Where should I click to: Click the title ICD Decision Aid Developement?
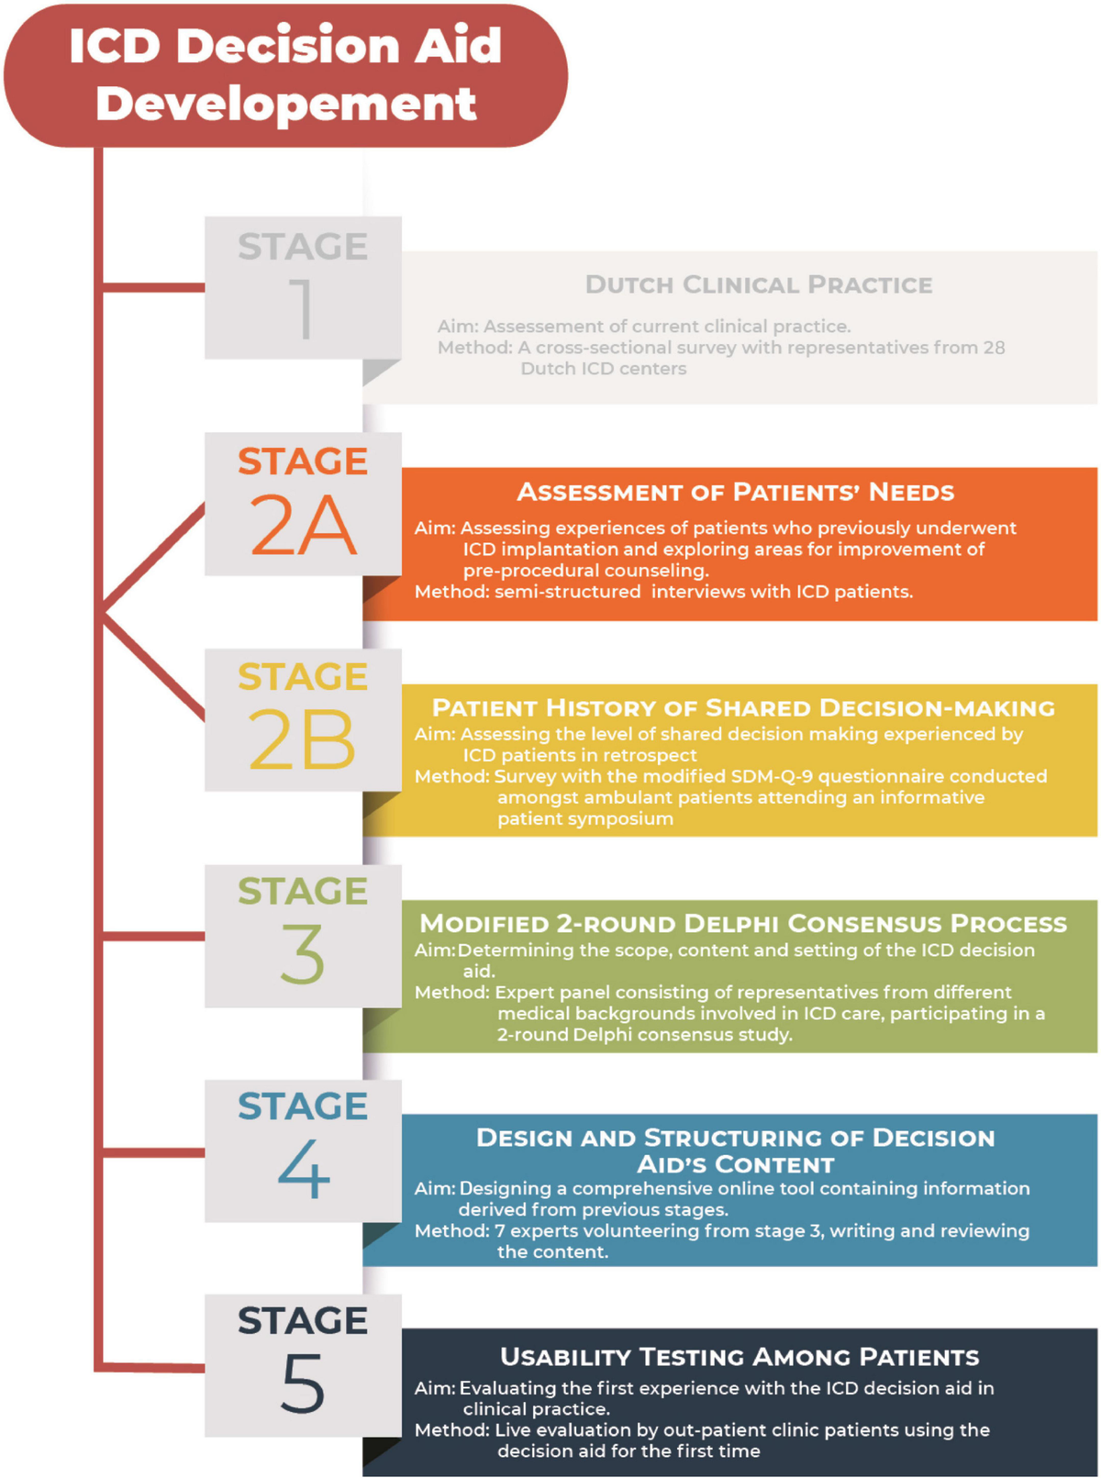[x=285, y=73]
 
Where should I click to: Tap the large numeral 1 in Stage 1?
[x=303, y=309]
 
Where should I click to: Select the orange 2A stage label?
[x=303, y=526]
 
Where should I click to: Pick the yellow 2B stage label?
[x=302, y=740]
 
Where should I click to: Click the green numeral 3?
[x=303, y=954]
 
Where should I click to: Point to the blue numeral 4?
[x=304, y=1170]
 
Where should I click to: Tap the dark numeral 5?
[x=303, y=1384]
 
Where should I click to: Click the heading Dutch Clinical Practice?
[x=758, y=284]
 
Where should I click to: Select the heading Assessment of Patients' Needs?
[x=735, y=492]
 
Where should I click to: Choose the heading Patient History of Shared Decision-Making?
[x=743, y=708]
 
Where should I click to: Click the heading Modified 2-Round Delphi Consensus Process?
[x=743, y=924]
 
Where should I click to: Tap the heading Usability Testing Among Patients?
[x=740, y=1357]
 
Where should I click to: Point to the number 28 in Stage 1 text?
[x=994, y=348]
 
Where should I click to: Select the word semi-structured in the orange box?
[x=567, y=592]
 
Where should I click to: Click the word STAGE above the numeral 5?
[x=303, y=1321]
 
